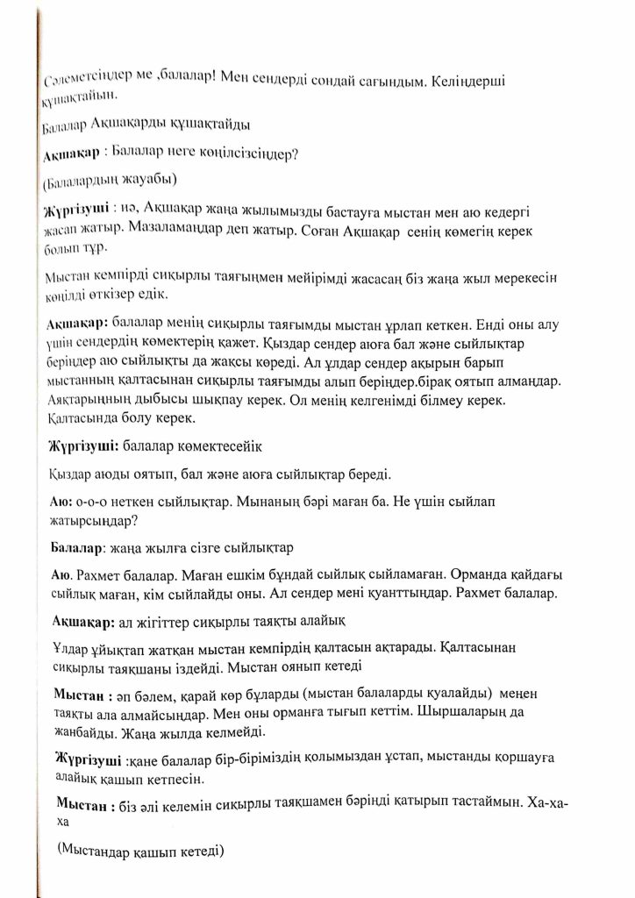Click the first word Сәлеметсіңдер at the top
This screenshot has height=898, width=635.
click(80, 84)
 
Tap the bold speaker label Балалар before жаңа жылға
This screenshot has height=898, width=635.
click(77, 547)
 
